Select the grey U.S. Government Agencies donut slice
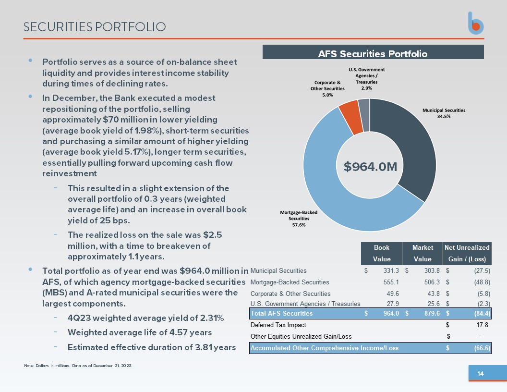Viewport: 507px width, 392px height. [x=364, y=115]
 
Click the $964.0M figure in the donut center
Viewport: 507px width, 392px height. [x=370, y=167]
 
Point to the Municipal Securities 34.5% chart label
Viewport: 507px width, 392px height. [x=444, y=113]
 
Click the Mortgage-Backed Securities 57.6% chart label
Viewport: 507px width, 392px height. [x=299, y=218]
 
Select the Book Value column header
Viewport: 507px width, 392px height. [x=382, y=253]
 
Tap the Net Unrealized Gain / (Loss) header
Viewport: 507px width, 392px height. [x=467, y=253]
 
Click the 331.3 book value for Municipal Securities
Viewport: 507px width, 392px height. [x=391, y=271]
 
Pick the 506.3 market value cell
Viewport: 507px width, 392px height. [x=432, y=282]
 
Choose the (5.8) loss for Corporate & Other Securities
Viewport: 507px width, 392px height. [x=484, y=294]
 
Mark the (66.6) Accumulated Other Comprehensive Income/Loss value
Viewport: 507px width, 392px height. [x=482, y=348]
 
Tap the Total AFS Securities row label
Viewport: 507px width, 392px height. [x=282, y=313]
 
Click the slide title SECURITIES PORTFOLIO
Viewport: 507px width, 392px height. [x=95, y=27]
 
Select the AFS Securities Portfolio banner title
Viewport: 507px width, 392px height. [x=373, y=54]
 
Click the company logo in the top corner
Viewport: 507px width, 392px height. [x=476, y=23]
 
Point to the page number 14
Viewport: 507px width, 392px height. [x=481, y=374]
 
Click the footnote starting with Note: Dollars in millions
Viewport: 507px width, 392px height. [x=78, y=366]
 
